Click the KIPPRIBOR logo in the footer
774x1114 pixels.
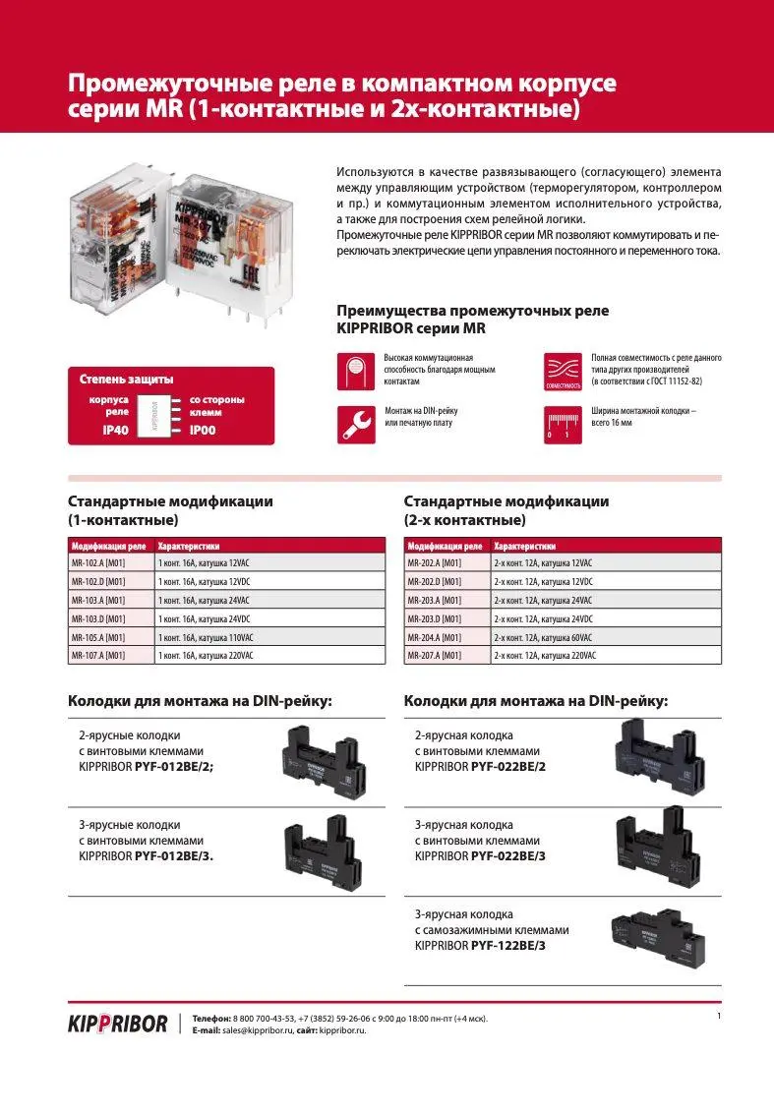coord(117,1024)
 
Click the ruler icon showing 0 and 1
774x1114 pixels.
coord(563,424)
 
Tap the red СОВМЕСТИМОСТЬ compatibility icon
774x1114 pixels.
coord(563,370)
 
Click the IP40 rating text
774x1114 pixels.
coord(103,430)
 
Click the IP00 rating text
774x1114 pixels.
coord(203,430)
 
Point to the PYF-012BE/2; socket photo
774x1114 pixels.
coord(324,758)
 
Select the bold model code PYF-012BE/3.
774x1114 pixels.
coord(174,856)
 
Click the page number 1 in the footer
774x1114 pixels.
coord(719,1015)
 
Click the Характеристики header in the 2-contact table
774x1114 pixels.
coord(524,546)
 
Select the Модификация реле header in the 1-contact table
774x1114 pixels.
coord(109,546)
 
